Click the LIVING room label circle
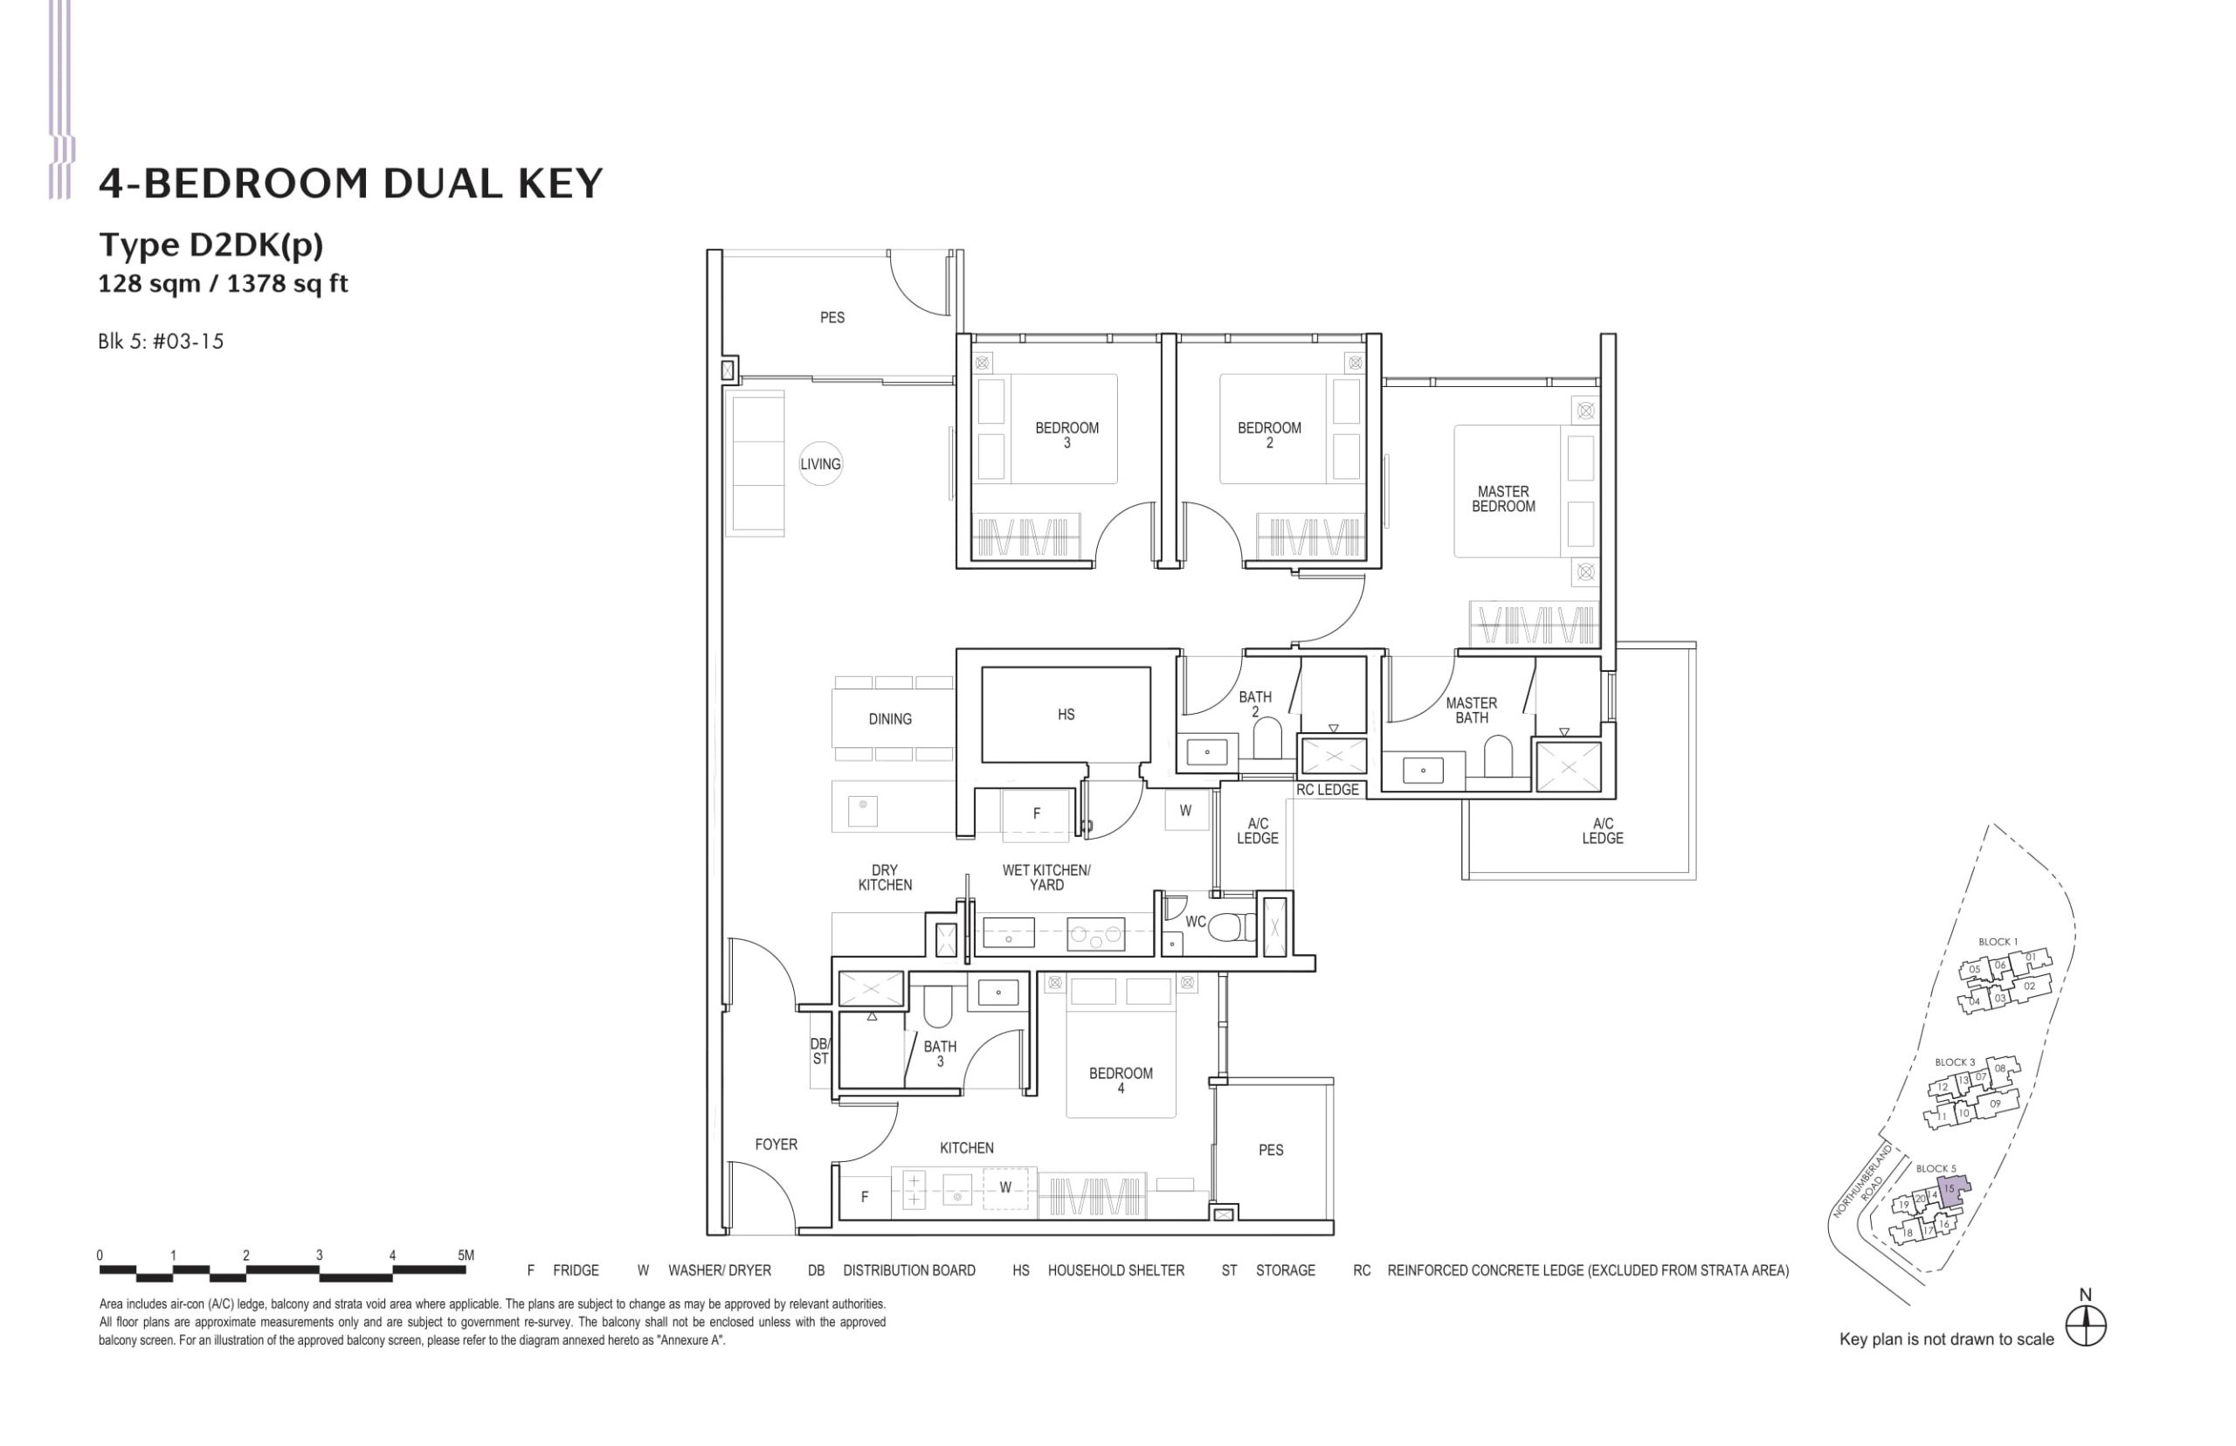[x=819, y=464]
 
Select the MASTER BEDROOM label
[x=1503, y=499]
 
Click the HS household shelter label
[x=1066, y=715]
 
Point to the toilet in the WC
[x=1232, y=928]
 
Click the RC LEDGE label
[x=1327, y=790]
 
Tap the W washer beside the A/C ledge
[x=1184, y=810]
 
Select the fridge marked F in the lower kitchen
[x=865, y=1196]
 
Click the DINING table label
[x=889, y=719]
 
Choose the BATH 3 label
[x=940, y=1054]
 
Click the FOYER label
[x=776, y=1144]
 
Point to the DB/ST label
[x=819, y=1052]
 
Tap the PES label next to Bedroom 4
[x=1270, y=1149]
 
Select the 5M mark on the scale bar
[x=465, y=1256]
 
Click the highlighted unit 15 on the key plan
[x=1950, y=1189]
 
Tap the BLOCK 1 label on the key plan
[x=1998, y=942]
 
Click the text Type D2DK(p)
[x=211, y=244]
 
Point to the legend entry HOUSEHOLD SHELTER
[x=1115, y=1270]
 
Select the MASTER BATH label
[x=1471, y=709]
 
